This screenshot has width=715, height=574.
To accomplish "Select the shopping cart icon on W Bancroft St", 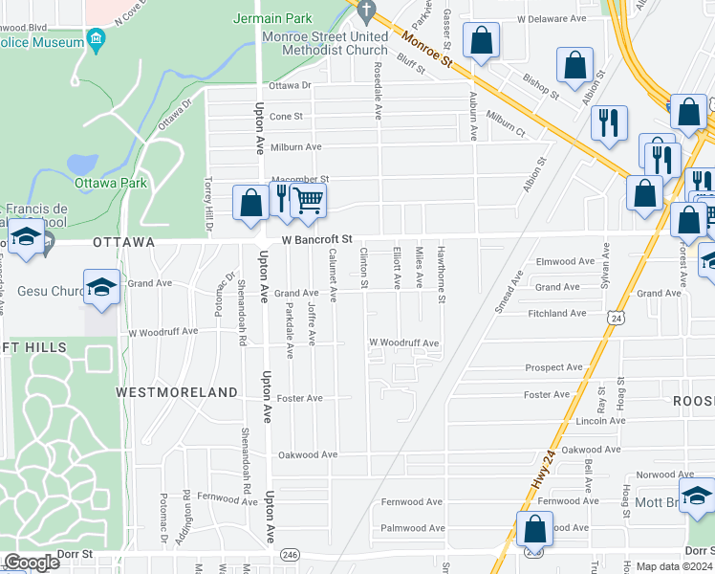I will pos(308,201).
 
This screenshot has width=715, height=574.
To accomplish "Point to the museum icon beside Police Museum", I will pos(96,38).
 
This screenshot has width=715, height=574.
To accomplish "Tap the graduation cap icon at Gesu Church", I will pos(100,288).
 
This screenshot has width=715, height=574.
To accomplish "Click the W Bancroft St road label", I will pos(317,239).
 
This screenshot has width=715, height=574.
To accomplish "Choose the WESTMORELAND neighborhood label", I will pos(176,392).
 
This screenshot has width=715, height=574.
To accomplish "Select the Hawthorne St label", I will pos(442,276).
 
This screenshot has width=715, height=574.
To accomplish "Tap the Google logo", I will pos(32,563).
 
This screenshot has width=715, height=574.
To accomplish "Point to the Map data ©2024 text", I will pos(674,566).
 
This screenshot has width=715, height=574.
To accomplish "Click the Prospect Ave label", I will pos(553,367).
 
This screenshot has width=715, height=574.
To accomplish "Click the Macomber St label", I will pos(299,179).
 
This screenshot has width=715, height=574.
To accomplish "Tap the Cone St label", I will pos(286,116).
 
